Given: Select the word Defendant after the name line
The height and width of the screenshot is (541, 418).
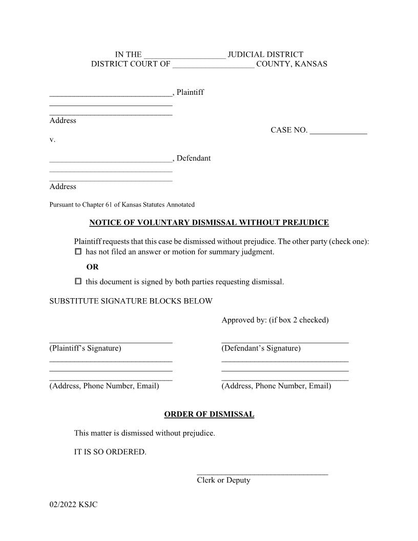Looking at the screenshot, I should (x=194, y=158).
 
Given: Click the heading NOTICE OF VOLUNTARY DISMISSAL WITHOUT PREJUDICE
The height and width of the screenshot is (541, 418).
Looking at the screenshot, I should (x=209, y=223).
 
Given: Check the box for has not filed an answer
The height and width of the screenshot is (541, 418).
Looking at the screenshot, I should (x=78, y=252).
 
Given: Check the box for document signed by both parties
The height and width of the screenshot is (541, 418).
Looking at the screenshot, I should (x=78, y=281).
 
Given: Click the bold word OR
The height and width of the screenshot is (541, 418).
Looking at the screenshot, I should (x=92, y=267).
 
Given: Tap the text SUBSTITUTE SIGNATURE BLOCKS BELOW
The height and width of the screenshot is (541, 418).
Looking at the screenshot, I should (x=131, y=301).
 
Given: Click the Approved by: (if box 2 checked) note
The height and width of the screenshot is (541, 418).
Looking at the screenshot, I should (x=275, y=320).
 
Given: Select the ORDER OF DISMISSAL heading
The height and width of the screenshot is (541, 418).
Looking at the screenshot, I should (x=209, y=414).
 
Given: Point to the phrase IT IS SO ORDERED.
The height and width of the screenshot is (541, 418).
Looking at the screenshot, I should (x=110, y=452).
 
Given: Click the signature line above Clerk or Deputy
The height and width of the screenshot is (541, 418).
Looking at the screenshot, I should (x=262, y=474).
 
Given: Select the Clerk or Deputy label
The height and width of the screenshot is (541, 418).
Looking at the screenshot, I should (x=223, y=481).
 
